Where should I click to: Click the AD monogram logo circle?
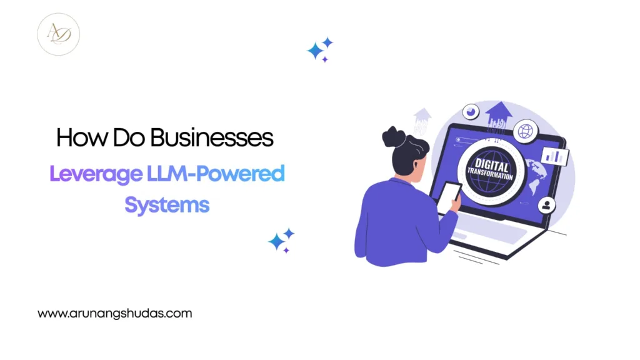58,34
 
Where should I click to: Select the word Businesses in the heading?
212,137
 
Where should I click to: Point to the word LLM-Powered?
216,174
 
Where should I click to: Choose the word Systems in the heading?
167,205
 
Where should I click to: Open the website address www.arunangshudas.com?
115,314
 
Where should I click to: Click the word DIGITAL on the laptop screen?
492,165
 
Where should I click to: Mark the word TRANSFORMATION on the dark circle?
490,174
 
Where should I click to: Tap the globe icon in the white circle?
525,131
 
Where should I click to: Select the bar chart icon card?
555,156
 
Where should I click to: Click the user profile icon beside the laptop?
546,205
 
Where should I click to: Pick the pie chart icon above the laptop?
471,112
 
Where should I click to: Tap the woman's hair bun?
392,136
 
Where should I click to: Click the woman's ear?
415,165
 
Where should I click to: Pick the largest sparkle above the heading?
315,51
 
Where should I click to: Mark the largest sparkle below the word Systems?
276,242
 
